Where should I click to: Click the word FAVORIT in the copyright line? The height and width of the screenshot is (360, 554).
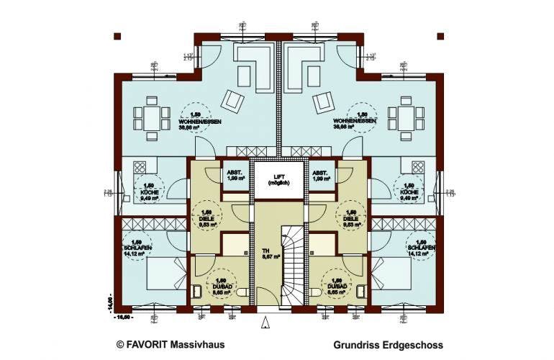[148, 346]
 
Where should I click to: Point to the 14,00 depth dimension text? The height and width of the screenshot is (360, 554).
[111, 302]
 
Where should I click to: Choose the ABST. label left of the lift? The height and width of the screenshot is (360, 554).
[234, 173]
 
